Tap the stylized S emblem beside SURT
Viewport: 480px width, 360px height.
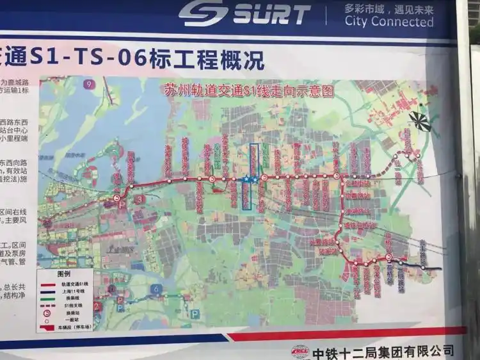tap(203, 13)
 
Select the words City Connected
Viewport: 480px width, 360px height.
tap(388, 22)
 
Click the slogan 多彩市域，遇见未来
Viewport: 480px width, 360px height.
tap(388, 8)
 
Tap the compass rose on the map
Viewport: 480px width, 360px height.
tap(420, 120)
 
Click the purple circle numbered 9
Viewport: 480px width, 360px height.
tap(89, 84)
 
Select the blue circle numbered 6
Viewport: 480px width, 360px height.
tap(155, 289)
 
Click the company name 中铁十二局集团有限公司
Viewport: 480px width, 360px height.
tap(383, 352)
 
